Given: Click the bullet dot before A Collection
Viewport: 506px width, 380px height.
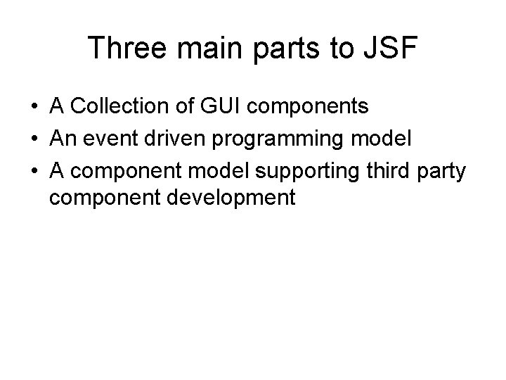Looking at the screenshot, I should coord(34,108).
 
